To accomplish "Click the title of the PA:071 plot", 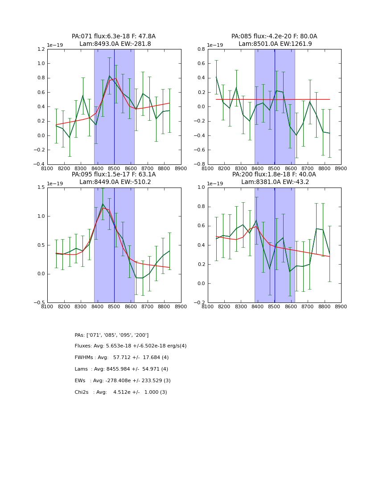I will (x=114, y=40).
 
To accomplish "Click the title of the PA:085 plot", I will (x=274, y=40).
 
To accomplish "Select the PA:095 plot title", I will (x=114, y=178).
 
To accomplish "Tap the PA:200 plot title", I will (x=274, y=178).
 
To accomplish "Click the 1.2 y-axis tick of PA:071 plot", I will (x=40, y=49).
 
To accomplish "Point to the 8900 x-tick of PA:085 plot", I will (x=341, y=168).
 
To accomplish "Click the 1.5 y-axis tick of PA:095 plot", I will (x=40, y=188).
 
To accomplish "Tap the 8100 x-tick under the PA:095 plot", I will (x=47, y=306).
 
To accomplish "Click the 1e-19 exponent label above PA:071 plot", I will (x=55, y=45).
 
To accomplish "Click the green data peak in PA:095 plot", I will (x=103, y=204).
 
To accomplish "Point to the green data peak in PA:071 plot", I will (x=109, y=76).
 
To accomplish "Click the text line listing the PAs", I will (x=111, y=335).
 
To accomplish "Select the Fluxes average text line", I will (x=131, y=346).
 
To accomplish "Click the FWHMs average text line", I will (x=122, y=358).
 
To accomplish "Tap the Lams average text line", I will (x=121, y=369).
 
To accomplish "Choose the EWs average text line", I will (x=123, y=381).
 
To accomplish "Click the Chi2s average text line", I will (x=121, y=392).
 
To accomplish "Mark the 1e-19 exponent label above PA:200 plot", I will (x=215, y=184).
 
